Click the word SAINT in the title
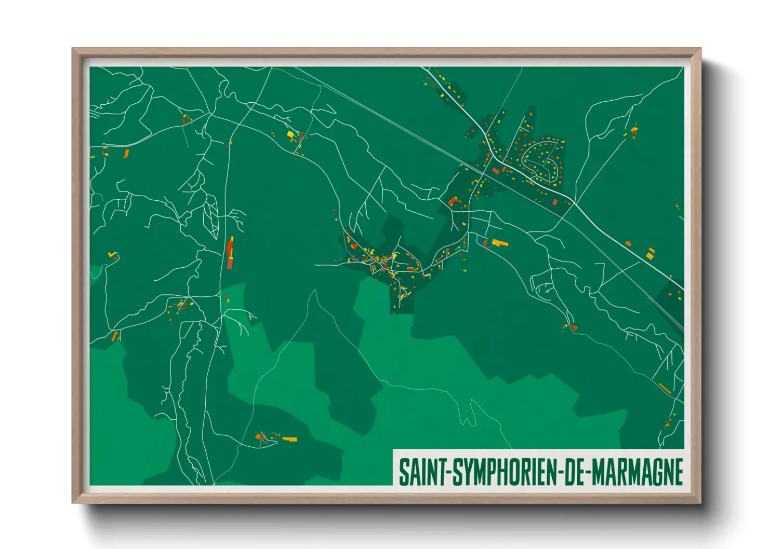(x=419, y=472)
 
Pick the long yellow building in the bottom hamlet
(x=289, y=439)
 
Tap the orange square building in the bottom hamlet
(x=258, y=437)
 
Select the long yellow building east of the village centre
(x=500, y=242)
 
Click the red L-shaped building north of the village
(x=454, y=201)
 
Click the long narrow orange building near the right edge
(x=664, y=388)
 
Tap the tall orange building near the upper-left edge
(x=126, y=153)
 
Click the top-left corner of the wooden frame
(x=73, y=49)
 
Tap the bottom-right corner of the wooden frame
(x=700, y=502)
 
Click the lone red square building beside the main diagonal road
(x=555, y=202)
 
